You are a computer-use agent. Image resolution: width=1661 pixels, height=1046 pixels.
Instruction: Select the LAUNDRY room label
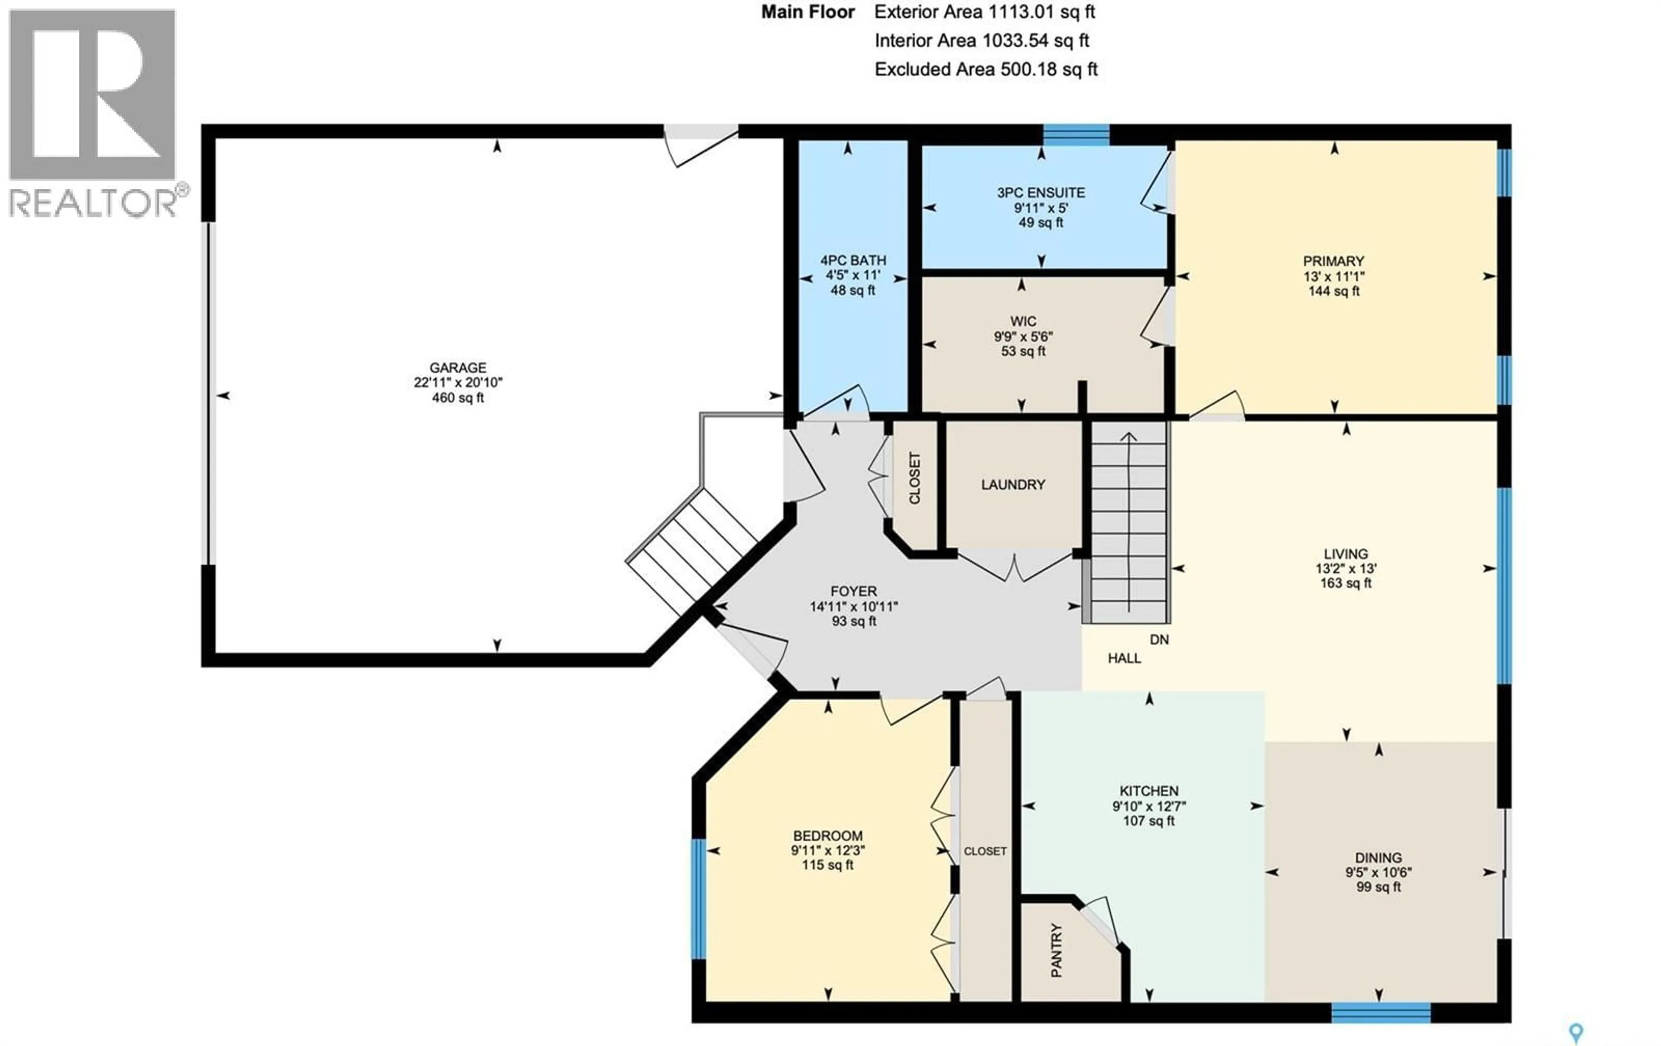click(1013, 485)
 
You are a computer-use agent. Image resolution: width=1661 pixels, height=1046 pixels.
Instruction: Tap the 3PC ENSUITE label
click(1040, 193)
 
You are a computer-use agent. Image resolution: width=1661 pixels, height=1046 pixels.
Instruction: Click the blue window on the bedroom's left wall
click(699, 899)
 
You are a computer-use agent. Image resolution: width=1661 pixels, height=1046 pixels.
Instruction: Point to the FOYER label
click(853, 592)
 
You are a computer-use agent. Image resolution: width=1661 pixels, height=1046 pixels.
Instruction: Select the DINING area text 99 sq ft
click(1378, 887)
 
